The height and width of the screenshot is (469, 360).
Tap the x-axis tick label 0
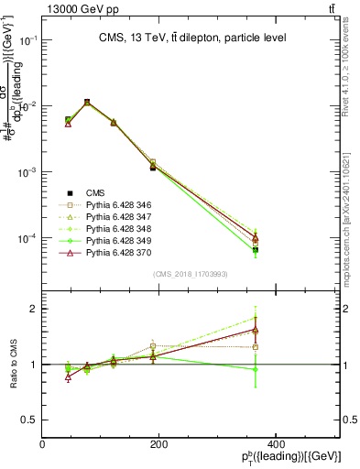click(42, 444)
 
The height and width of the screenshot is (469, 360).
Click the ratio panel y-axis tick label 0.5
click(28, 420)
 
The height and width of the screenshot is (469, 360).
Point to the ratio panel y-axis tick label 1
click(33, 365)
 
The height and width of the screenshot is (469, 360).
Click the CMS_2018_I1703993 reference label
click(191, 273)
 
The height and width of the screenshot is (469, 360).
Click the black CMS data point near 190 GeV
click(153, 168)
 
